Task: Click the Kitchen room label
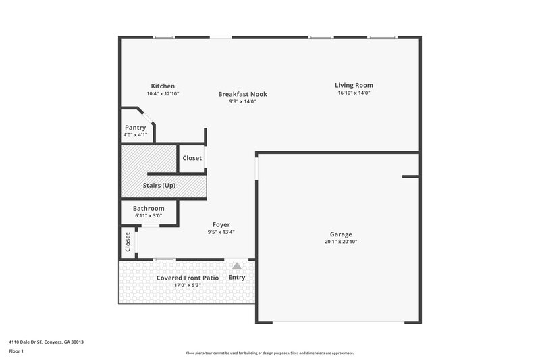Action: point(163,86)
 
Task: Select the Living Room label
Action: point(354,85)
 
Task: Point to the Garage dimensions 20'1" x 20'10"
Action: point(340,241)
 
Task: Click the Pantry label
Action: point(135,127)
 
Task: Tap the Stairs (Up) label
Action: point(159,185)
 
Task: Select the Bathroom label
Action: point(148,209)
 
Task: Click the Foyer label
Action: point(221,224)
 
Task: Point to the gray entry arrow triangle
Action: point(237,266)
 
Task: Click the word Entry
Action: point(237,277)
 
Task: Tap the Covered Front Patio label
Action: point(179,278)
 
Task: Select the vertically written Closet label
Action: point(128,242)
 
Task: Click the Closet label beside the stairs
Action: point(192,158)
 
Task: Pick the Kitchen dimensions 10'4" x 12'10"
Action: point(163,94)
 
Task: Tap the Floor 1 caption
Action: point(16,351)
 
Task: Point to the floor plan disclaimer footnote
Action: point(270,353)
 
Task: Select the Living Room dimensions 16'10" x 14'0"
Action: point(354,93)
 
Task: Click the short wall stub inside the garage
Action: point(410,176)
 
